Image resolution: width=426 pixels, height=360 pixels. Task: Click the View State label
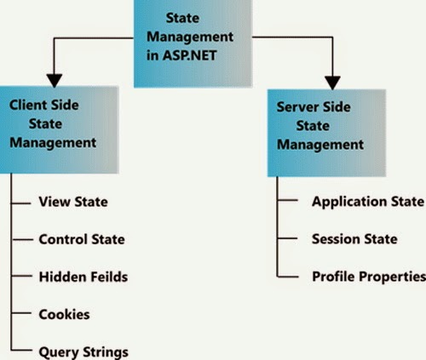[x=73, y=203]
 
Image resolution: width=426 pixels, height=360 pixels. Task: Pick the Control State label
[x=83, y=239]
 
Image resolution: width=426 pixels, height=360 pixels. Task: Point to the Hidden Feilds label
[x=83, y=277]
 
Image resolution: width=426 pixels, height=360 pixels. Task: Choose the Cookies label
[x=65, y=314]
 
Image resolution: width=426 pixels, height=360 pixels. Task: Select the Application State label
[x=367, y=202]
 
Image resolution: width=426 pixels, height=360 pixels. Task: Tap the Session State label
[x=354, y=239]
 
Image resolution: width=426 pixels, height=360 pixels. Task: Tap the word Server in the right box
[x=298, y=108]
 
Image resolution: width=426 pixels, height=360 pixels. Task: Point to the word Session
[x=335, y=239]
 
